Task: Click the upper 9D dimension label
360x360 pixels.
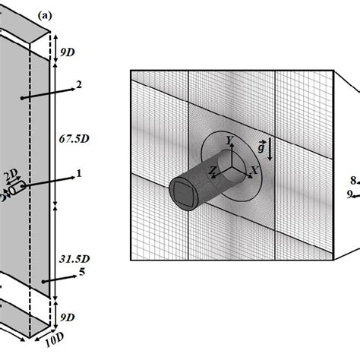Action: point(68,52)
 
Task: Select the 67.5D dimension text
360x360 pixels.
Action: point(71,139)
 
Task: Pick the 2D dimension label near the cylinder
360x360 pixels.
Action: point(9,178)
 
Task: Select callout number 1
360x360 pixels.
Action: point(78,174)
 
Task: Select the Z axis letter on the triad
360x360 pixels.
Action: point(214,172)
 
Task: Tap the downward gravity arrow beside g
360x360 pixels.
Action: point(271,150)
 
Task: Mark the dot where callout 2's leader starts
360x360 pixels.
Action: point(22,98)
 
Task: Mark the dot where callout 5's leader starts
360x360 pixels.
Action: point(43,281)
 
